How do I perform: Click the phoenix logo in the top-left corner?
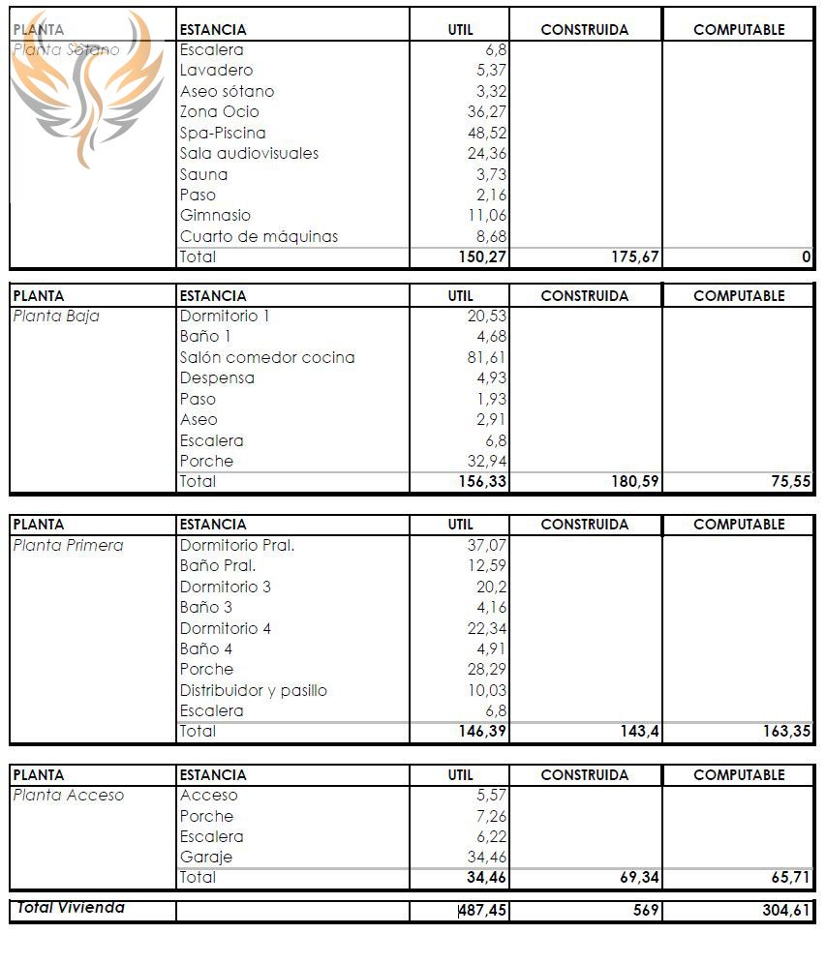pos(87,87)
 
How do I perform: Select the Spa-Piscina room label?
pos(223,133)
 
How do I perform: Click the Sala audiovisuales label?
pos(249,153)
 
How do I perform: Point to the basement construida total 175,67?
pos(631,257)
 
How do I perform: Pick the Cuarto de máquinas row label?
pos(259,236)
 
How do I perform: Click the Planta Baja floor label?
pos(56,316)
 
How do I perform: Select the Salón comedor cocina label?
pos(267,357)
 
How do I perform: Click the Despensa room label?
pos(217,377)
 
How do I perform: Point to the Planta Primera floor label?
pos(68,545)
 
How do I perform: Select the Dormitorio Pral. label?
pos(237,545)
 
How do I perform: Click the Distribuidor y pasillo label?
pos(254,690)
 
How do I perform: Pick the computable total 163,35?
pos(786,732)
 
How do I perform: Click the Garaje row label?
pos(206,857)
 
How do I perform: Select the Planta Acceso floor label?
pos(69,795)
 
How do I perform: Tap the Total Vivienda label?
pos(71,908)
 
